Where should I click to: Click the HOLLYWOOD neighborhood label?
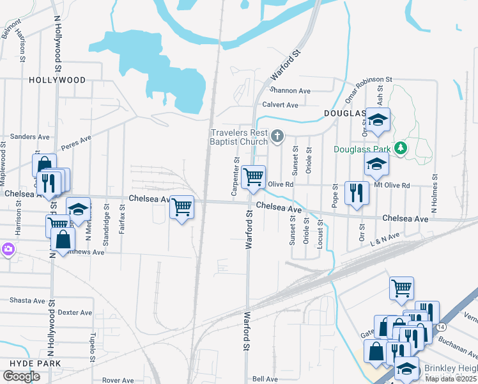pyautogui.click(x=57, y=80)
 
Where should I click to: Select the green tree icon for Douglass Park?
pyautogui.click(x=401, y=148)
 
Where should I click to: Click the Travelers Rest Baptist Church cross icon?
pyautogui.click(x=277, y=135)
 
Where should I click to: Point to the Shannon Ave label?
pyautogui.click(x=290, y=91)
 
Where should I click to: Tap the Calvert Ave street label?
pyautogui.click(x=280, y=105)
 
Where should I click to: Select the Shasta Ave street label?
pyautogui.click(x=27, y=300)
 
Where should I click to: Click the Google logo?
pyautogui.click(x=21, y=376)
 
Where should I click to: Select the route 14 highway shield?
pyautogui.click(x=442, y=326)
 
